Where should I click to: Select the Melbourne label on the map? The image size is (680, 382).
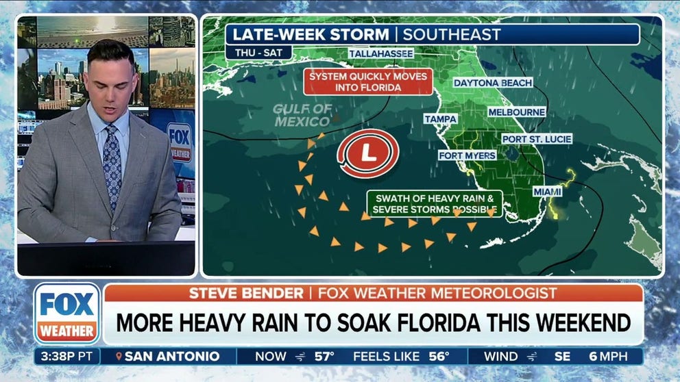(x=517, y=112)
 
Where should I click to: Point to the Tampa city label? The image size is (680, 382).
(x=440, y=118)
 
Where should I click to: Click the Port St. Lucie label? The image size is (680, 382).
(x=536, y=139)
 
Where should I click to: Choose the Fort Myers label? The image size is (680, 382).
(x=467, y=155)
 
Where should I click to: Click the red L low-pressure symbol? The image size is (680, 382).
(x=368, y=153)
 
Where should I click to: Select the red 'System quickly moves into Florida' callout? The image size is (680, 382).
(x=368, y=81)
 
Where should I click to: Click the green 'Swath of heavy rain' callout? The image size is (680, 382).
(x=435, y=203)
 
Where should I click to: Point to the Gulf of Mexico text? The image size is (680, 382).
(x=302, y=115)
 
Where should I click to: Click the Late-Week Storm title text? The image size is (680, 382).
(x=311, y=34)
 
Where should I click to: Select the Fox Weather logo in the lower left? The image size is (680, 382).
(x=66, y=313)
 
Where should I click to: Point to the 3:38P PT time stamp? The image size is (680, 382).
(x=67, y=356)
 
